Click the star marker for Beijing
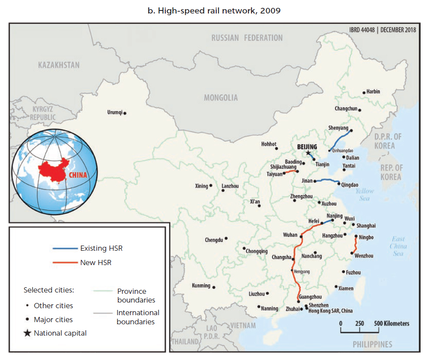click(x=308, y=153)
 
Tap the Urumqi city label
click(x=115, y=112)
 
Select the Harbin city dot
click(x=364, y=93)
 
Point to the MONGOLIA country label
click(x=221, y=98)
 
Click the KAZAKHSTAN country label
click(x=59, y=65)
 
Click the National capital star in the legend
click(x=27, y=333)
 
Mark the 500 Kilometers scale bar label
click(x=391, y=323)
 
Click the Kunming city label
click(x=201, y=286)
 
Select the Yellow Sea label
click(x=364, y=195)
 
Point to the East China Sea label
click(x=398, y=246)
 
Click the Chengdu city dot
click(x=226, y=239)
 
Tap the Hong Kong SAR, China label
click(x=331, y=311)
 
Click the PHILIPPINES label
click(x=372, y=344)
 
